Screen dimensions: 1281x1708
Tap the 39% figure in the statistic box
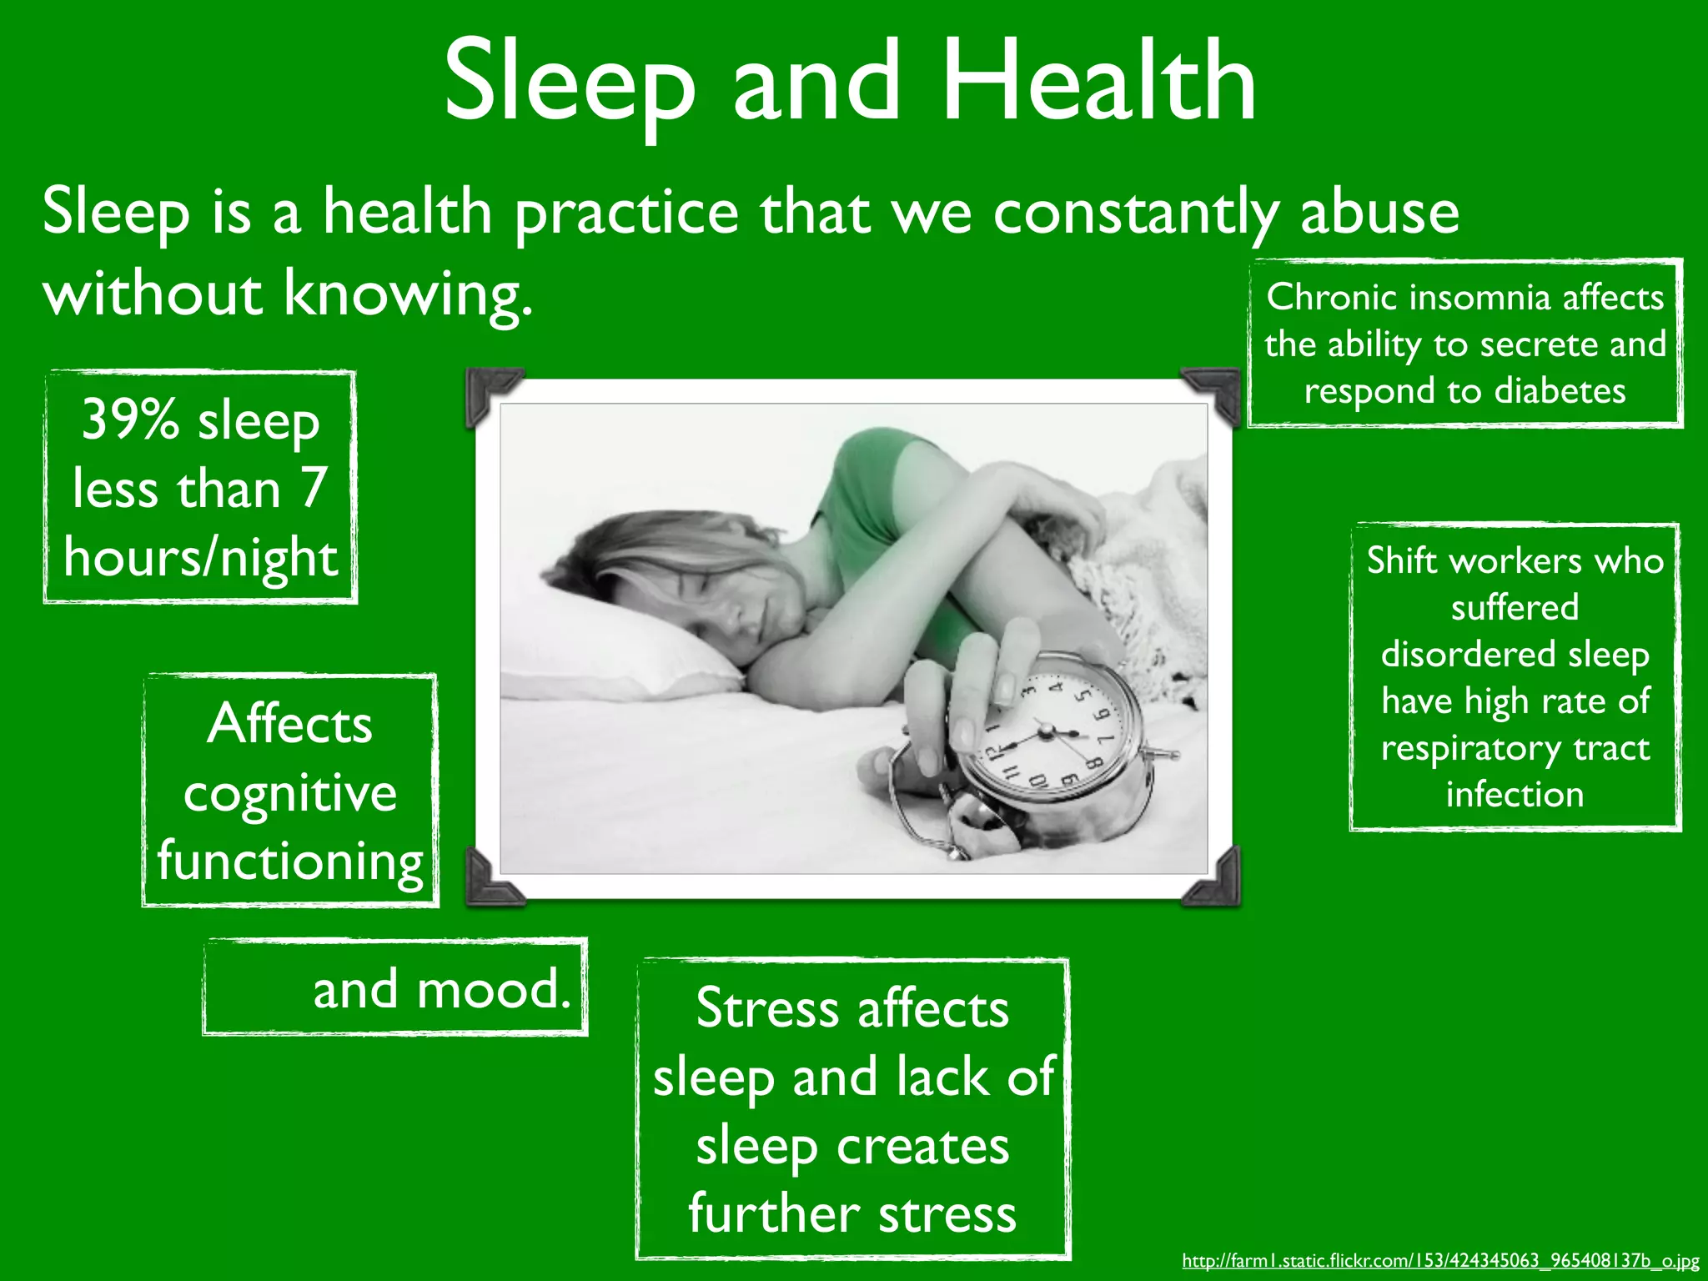(129, 419)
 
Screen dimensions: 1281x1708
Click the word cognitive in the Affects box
(289, 792)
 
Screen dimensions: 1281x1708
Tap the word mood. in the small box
(493, 989)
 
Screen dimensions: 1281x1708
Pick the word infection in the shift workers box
(1515, 794)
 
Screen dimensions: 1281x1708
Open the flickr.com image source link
(1439, 1260)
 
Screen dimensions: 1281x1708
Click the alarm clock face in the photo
(1051, 734)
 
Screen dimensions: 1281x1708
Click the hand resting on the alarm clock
(976, 692)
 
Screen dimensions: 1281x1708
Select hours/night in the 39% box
(200, 557)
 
